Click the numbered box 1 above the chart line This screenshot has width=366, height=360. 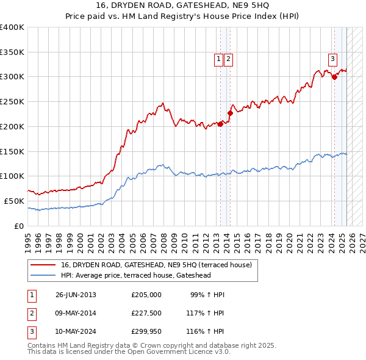(x=218, y=59)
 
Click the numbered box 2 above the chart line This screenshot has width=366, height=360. (x=228, y=59)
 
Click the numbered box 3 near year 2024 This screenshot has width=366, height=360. (x=332, y=59)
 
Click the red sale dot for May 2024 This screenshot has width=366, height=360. (x=334, y=77)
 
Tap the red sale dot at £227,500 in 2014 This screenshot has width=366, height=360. (x=231, y=113)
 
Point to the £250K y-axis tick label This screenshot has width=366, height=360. (x=12, y=101)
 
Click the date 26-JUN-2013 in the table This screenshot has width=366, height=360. (x=76, y=295)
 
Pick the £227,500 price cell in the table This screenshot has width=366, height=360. (x=146, y=314)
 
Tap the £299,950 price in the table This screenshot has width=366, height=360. (x=146, y=333)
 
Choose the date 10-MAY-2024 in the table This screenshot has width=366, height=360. (x=76, y=333)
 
